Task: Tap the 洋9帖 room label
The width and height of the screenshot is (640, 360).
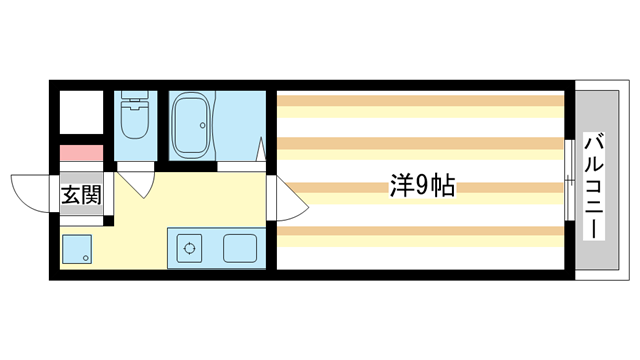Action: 421,186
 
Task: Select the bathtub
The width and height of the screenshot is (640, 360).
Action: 191,127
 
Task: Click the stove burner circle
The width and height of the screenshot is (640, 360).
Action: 187,248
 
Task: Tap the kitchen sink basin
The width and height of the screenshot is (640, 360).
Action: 241,247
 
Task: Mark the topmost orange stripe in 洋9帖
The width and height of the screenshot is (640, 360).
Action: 421,100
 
